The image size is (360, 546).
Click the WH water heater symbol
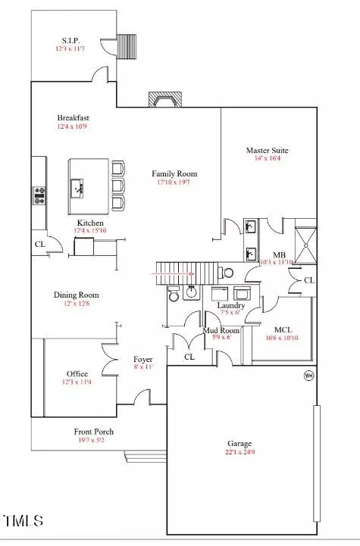(x=308, y=376)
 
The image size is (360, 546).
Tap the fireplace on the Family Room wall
(x=165, y=99)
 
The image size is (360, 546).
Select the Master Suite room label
(x=268, y=151)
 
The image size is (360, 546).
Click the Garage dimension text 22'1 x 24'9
(x=239, y=452)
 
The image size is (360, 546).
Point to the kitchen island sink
(x=77, y=189)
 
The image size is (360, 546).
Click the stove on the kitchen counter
(x=39, y=195)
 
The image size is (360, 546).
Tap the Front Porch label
(x=94, y=432)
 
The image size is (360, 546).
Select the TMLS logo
(x=23, y=520)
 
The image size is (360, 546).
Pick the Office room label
(x=77, y=373)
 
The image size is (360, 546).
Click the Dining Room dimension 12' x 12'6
(x=77, y=304)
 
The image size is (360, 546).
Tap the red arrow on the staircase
(x=173, y=274)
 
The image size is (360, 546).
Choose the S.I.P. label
(x=70, y=40)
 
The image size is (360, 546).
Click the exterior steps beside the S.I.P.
(x=126, y=47)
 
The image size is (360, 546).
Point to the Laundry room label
(x=231, y=305)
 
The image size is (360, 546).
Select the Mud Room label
(x=221, y=330)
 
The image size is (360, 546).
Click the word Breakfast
(x=74, y=117)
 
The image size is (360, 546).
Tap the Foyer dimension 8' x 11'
(x=143, y=367)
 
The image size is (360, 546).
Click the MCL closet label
(x=283, y=329)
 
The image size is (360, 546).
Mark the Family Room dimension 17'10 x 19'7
(x=174, y=182)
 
